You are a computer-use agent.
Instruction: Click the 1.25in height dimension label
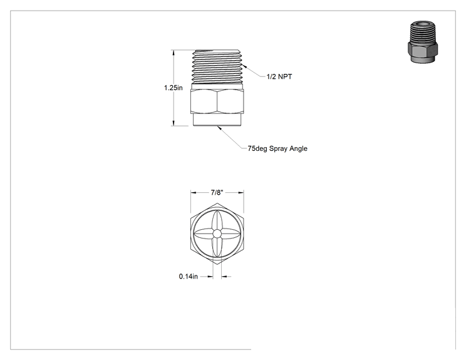173,88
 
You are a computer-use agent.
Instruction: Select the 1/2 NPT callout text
279,76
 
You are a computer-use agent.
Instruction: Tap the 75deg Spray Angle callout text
277,148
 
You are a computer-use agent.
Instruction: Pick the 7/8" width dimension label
217,192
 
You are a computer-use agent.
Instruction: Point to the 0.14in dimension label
188,277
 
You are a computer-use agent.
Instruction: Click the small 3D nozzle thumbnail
422,42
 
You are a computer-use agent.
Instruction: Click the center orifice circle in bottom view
217,234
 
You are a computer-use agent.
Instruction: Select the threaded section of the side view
217,66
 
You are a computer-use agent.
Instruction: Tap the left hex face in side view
204,102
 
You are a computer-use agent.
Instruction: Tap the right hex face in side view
230,102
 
